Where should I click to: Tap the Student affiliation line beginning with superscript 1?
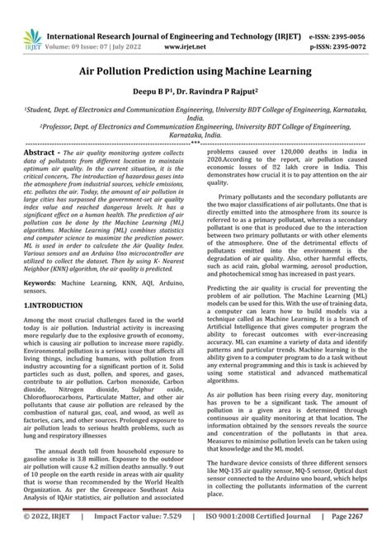(195, 112)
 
